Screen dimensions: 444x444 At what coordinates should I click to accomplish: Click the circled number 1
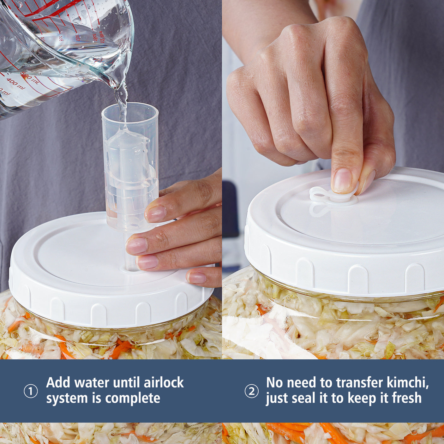tap(31, 392)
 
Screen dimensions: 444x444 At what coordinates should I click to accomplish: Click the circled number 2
tap(251, 392)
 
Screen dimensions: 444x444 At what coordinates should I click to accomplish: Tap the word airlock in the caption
tap(164, 383)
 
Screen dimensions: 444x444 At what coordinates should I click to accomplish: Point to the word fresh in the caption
tap(406, 398)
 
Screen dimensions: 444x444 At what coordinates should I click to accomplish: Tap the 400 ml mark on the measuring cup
tap(15, 83)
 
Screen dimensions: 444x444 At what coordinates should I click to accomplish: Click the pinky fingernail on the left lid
tap(196, 278)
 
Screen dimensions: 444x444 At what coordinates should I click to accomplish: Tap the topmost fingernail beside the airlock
tap(156, 214)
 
